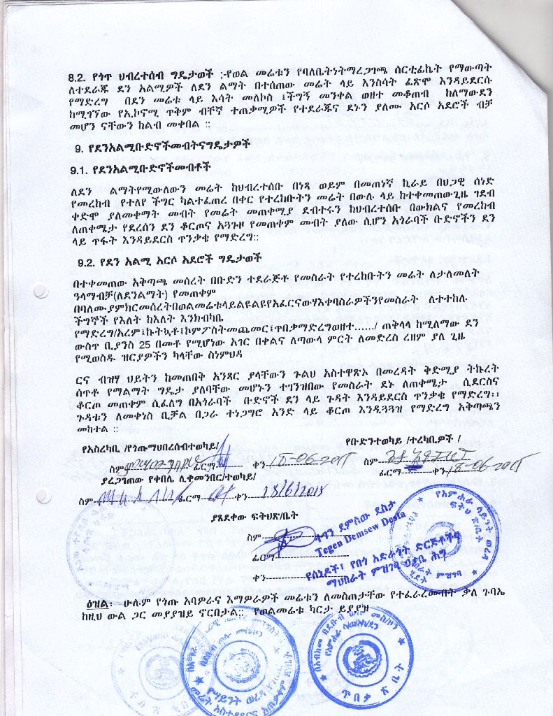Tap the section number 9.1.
(80, 170)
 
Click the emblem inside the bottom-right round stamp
(359, 657)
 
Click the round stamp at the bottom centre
(238, 661)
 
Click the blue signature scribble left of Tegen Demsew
(280, 539)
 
